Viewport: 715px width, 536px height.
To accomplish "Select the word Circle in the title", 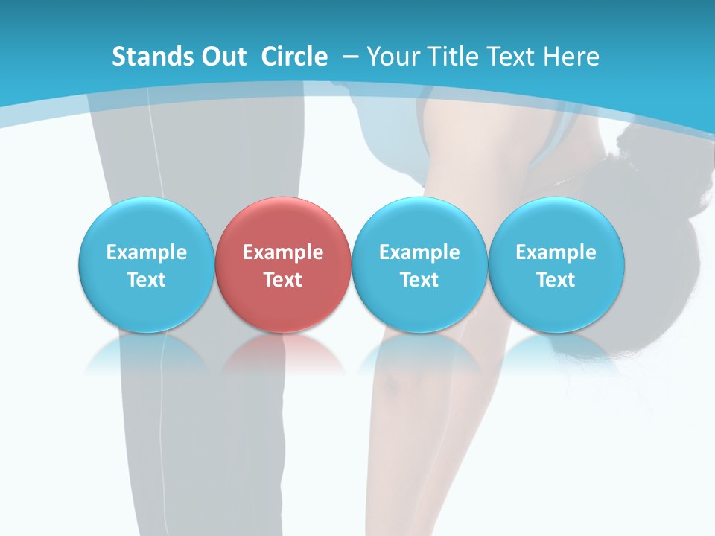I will pyautogui.click(x=294, y=57).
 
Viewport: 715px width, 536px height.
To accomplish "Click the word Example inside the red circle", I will pyautogui.click(x=283, y=252).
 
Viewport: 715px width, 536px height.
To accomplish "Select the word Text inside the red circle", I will pyautogui.click(x=283, y=280).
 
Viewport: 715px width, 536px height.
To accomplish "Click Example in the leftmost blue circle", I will pyautogui.click(x=147, y=252).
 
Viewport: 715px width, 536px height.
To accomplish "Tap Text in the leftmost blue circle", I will pyautogui.click(x=147, y=280).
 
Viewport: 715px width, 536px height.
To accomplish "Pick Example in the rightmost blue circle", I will pyautogui.click(x=556, y=252).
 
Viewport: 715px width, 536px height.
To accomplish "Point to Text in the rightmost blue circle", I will pyautogui.click(x=556, y=280).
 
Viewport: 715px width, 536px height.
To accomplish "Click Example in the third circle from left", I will pyautogui.click(x=419, y=252).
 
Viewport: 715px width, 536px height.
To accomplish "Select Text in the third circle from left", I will pyautogui.click(x=419, y=280).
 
